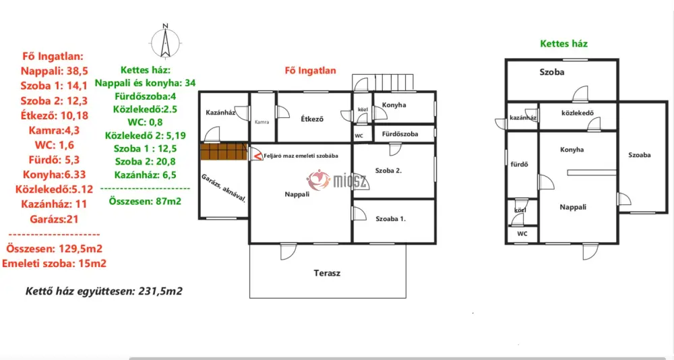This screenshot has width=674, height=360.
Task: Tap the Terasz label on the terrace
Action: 327,273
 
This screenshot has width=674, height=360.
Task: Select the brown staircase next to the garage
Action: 224,152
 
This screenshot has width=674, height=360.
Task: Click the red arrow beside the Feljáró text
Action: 257,155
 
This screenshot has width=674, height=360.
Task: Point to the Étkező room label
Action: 312,119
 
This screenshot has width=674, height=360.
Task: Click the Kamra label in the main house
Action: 262,122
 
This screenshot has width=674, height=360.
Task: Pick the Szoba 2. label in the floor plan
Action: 389,171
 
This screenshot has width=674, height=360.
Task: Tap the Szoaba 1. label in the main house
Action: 391,219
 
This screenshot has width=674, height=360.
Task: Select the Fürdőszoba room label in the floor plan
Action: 400,133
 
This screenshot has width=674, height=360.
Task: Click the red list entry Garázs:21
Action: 54,219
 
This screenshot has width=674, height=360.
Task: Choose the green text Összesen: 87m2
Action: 146,202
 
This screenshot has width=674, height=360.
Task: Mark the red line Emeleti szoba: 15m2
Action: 54,264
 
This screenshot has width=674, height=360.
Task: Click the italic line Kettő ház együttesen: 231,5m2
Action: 104,291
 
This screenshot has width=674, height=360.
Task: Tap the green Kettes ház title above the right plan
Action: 564,43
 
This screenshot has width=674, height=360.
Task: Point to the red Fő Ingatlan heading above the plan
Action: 310,71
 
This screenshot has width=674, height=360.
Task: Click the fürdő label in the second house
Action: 519,164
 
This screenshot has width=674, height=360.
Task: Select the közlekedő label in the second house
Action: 578,113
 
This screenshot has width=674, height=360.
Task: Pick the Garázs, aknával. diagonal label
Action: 224,188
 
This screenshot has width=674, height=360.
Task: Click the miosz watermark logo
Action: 338,180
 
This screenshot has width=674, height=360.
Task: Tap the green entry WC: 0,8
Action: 146,122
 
